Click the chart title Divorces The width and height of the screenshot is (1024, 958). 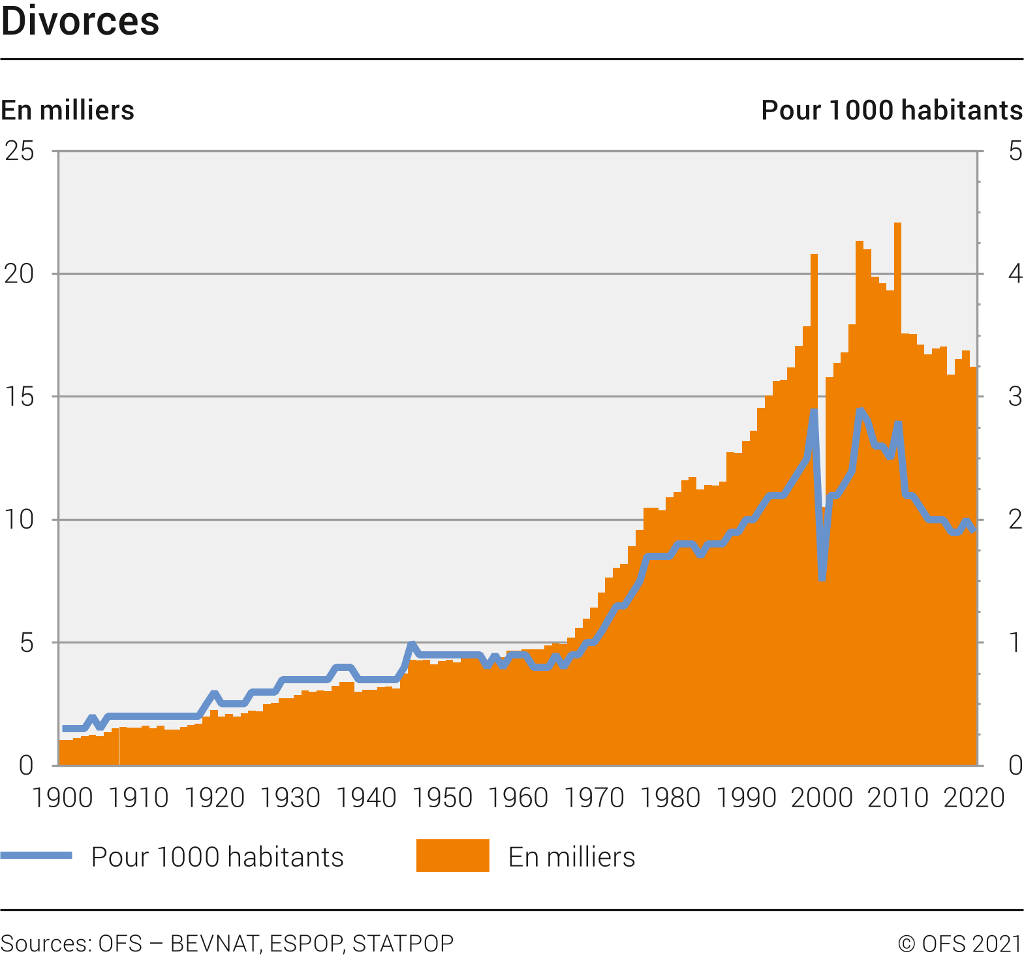pyautogui.click(x=80, y=22)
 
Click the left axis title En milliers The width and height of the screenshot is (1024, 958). pyautogui.click(x=67, y=110)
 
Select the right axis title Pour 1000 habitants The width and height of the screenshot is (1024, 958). pyautogui.click(x=892, y=110)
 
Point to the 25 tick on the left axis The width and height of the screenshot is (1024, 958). pyautogui.click(x=20, y=151)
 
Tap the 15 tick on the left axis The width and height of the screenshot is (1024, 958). pyautogui.click(x=20, y=397)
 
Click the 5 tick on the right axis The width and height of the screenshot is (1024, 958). pyautogui.click(x=1015, y=151)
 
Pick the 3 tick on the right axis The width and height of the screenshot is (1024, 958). pyautogui.click(x=1015, y=397)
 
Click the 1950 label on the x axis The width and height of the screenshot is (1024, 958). pyautogui.click(x=442, y=798)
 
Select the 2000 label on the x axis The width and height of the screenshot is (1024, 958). pyautogui.click(x=822, y=798)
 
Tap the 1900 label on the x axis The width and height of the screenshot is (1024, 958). pyautogui.click(x=62, y=798)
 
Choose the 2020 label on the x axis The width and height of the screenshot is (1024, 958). pyautogui.click(x=973, y=798)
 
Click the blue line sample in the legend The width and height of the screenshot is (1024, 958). pyautogui.click(x=37, y=856)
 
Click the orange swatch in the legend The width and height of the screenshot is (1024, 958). pyautogui.click(x=452, y=856)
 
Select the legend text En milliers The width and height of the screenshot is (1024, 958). pyautogui.click(x=571, y=857)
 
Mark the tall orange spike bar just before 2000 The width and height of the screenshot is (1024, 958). pyautogui.click(x=814, y=326)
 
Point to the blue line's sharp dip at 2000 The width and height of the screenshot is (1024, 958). pyautogui.click(x=822, y=578)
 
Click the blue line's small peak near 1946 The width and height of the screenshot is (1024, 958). pyautogui.click(x=411, y=645)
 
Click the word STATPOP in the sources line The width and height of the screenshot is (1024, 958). pyautogui.click(x=403, y=944)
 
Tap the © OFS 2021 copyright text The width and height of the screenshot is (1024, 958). pyautogui.click(x=959, y=944)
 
